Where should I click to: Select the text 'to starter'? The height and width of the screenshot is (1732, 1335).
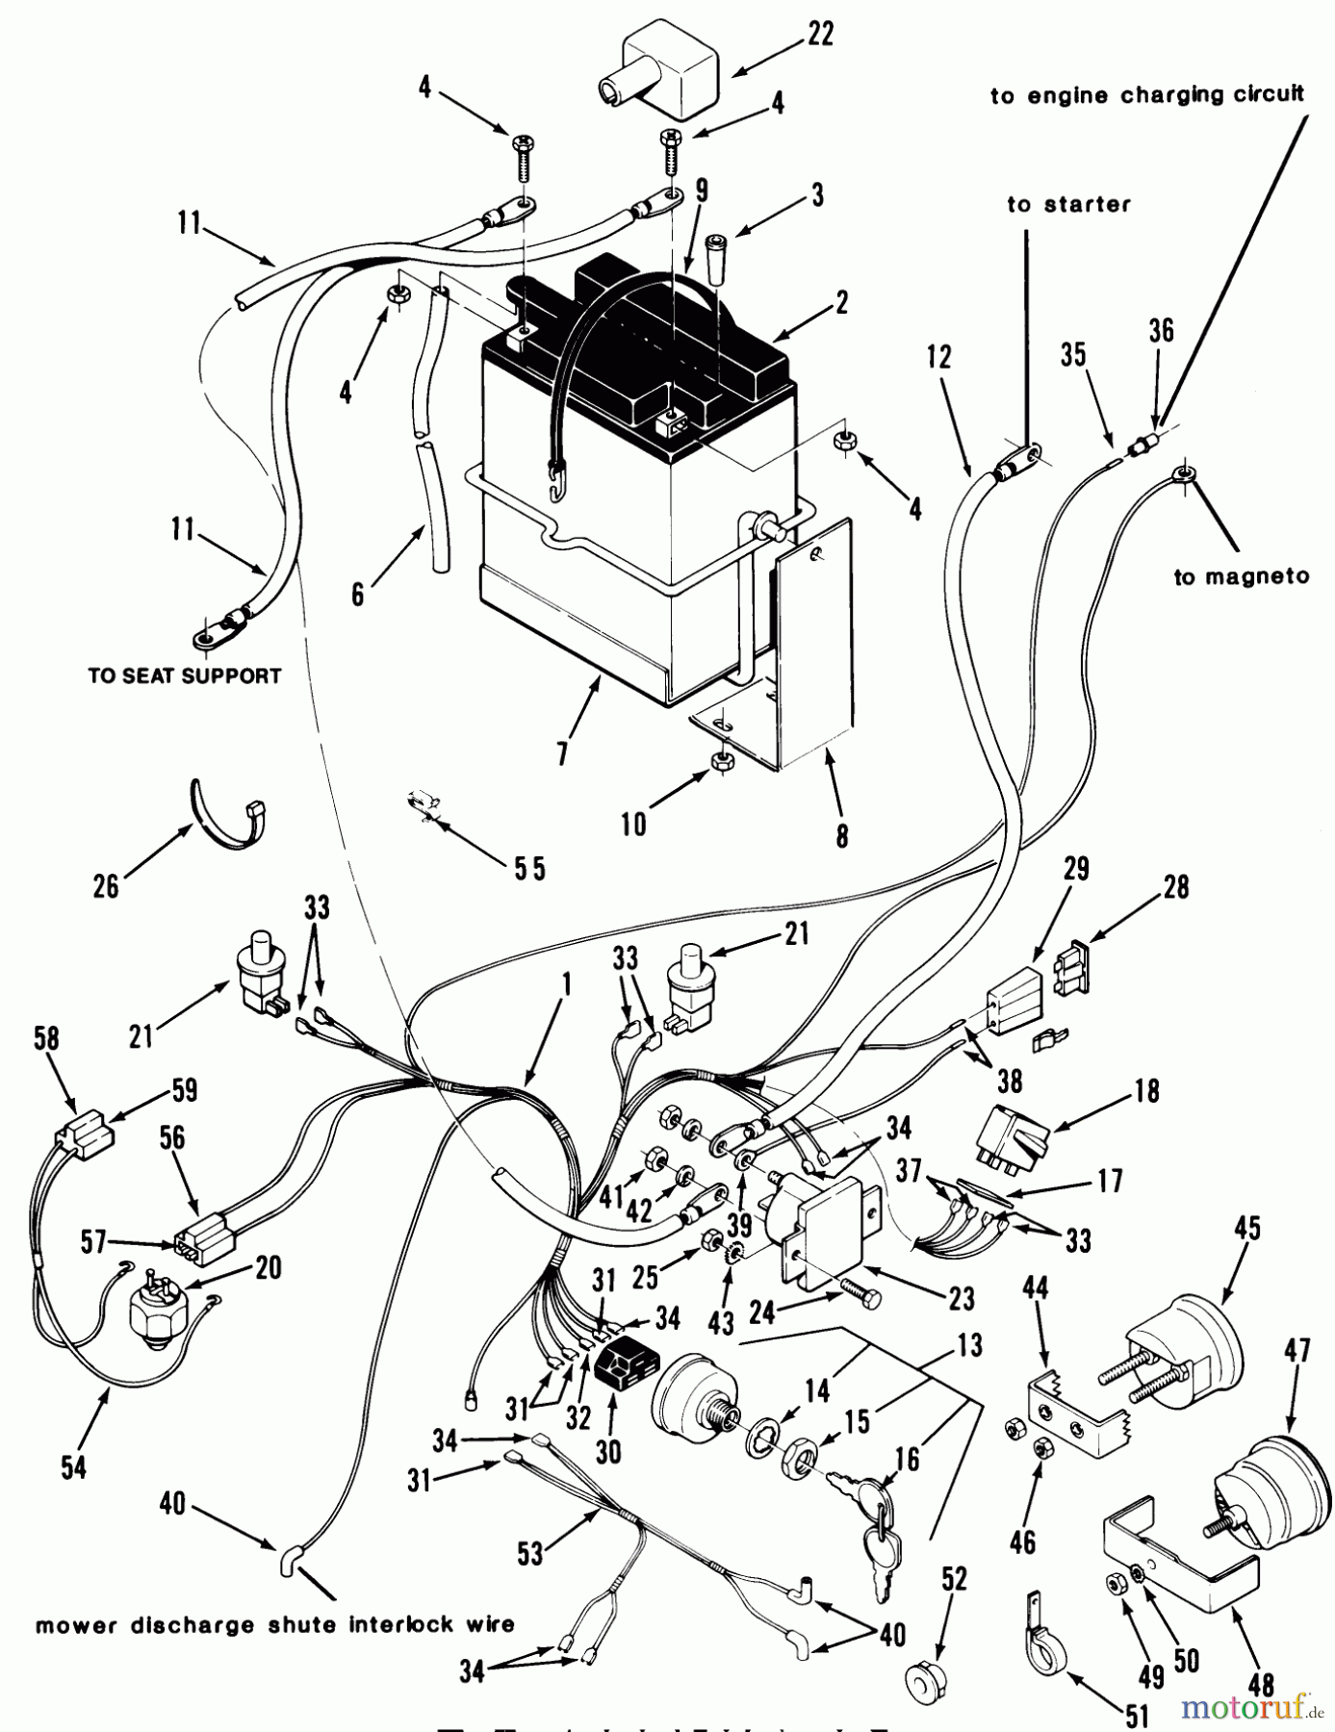[x=1068, y=204]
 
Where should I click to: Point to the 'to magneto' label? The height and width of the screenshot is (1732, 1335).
[x=1242, y=576]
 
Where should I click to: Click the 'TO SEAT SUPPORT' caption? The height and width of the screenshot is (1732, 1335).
[x=185, y=675]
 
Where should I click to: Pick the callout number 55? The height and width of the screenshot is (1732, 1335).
[x=528, y=868]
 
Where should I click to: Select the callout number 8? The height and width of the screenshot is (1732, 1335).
[x=842, y=836]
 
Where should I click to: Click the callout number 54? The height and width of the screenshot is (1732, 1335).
[x=73, y=1466]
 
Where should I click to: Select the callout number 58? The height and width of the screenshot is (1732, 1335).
[x=45, y=1040]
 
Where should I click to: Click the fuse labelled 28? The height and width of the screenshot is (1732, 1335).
[x=1074, y=961]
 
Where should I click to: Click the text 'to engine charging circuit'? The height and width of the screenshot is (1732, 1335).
[x=1147, y=94]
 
